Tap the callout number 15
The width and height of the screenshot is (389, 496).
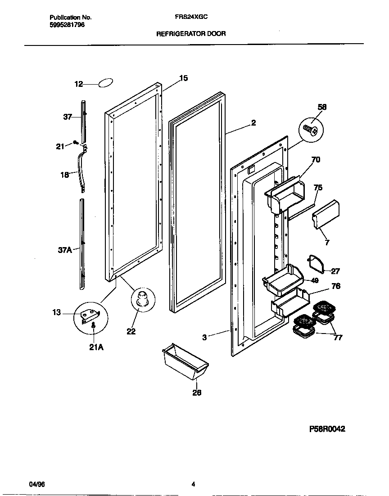pos(183,78)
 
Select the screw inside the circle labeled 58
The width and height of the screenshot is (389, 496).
pos(311,129)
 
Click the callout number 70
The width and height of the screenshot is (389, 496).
pos(316,159)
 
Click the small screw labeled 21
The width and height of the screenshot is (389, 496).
pos(75,143)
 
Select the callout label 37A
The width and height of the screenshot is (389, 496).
pos(65,250)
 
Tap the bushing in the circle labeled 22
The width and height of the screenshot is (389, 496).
pos(143,299)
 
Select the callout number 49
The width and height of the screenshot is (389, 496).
pos(315,280)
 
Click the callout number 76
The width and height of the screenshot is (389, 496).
pos(335,286)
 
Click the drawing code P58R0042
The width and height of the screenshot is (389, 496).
pos(327,429)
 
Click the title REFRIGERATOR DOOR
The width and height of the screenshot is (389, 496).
pos(191,33)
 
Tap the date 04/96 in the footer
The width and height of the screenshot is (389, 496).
pos(37,484)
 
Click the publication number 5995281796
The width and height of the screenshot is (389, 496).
pos(67,25)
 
